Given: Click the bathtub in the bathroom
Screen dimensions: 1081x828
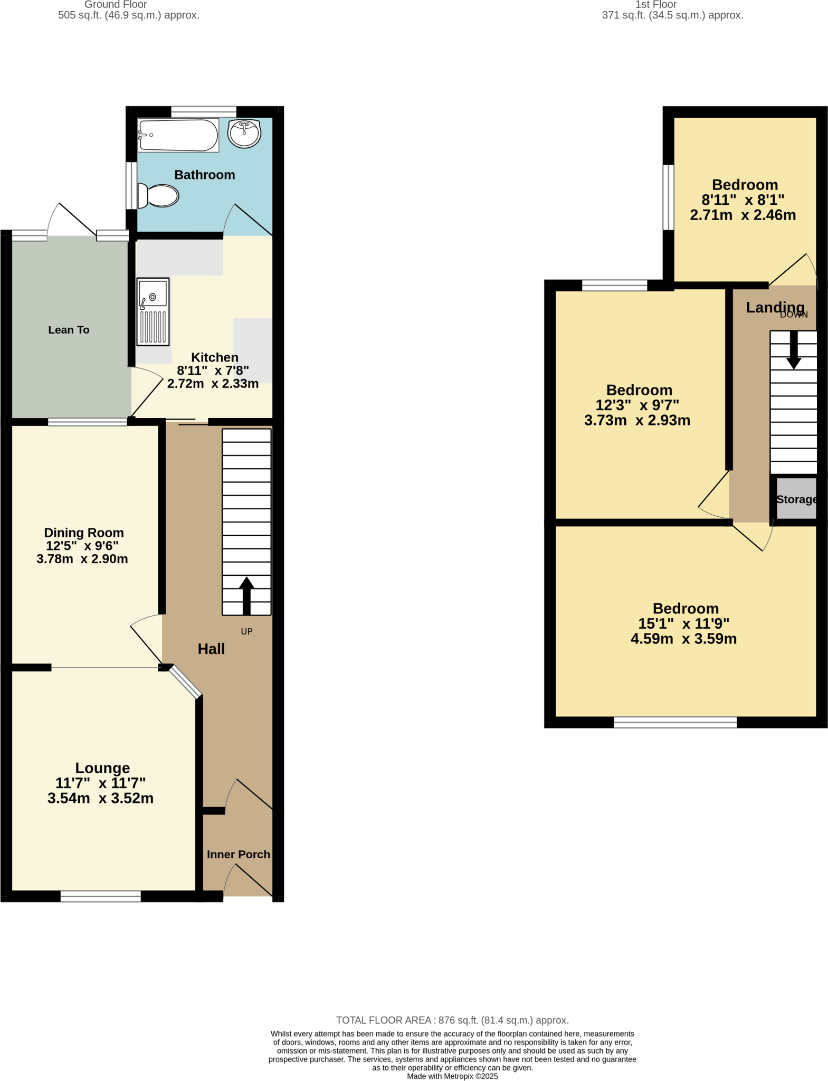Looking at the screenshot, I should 178,135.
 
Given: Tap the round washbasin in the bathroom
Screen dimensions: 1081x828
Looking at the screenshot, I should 244,133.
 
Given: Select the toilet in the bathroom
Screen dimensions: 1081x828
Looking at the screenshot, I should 158,196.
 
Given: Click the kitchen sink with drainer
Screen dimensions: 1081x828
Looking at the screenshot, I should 153,311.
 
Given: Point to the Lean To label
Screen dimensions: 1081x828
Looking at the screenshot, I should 69,330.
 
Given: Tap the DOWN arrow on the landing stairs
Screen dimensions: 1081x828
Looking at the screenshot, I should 793,350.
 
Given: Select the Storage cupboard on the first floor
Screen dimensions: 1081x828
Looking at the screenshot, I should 796,499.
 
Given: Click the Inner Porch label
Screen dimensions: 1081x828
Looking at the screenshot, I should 238,854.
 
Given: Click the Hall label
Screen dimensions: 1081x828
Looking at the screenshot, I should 211,649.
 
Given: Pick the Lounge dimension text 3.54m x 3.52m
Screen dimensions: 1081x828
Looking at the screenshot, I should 100,798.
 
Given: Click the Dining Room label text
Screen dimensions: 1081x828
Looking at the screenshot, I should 83,533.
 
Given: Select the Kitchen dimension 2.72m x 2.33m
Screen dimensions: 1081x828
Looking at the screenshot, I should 213,384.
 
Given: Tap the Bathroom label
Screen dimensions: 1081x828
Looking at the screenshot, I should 204,175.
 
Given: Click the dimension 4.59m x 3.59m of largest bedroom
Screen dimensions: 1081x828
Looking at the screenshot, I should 683,639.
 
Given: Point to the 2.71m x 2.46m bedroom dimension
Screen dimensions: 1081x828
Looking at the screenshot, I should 743,215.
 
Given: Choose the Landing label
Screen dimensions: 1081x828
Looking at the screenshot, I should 775,307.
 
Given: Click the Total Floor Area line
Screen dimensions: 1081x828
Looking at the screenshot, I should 452,1020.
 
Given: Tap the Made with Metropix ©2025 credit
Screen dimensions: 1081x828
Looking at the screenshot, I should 452,1076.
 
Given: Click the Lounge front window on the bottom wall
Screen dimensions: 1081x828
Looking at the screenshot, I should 100,896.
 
